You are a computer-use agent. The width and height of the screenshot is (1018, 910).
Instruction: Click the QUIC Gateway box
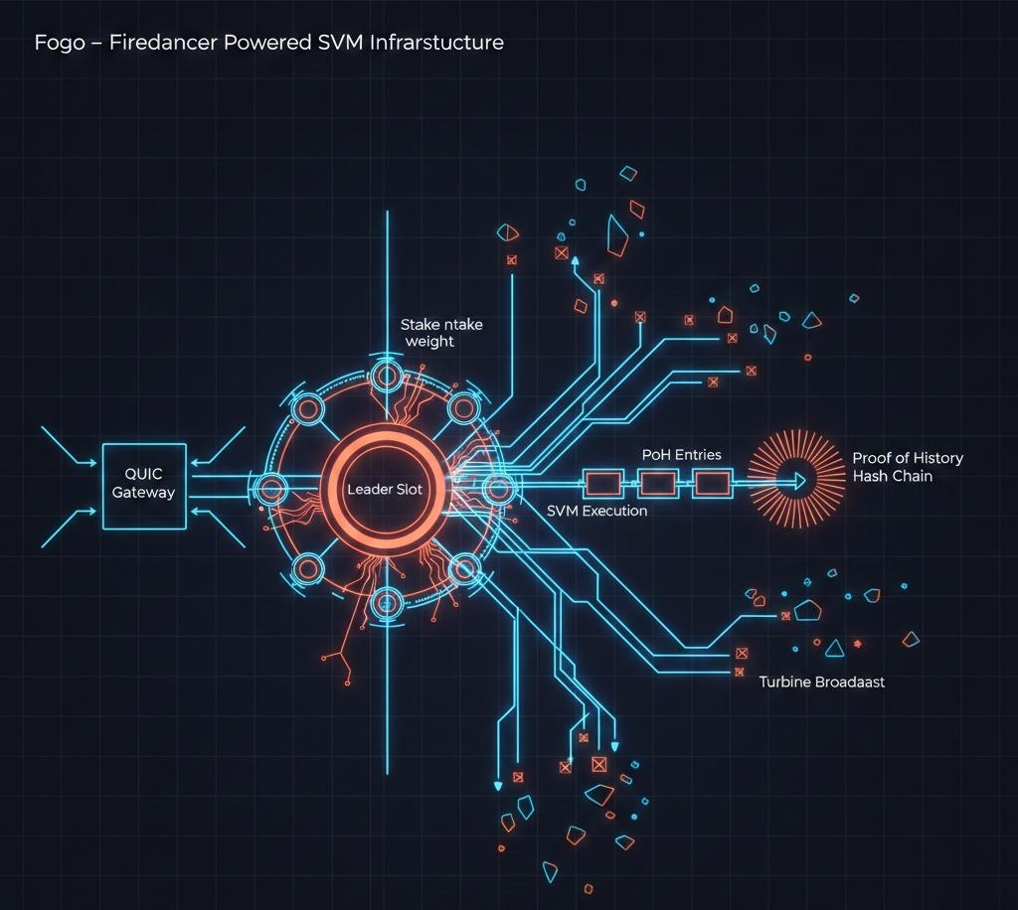point(144,486)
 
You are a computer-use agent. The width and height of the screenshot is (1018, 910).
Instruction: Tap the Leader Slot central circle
point(385,489)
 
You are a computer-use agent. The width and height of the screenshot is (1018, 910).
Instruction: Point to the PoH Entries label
point(681,455)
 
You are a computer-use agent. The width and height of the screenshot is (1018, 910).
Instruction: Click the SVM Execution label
point(596,511)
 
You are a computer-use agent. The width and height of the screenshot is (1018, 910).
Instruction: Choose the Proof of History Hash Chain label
point(907,467)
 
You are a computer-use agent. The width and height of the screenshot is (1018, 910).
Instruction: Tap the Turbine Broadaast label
point(821,682)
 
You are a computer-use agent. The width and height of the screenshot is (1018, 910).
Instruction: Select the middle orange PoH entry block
point(657,484)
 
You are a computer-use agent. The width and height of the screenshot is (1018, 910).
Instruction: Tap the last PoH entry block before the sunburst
point(711,484)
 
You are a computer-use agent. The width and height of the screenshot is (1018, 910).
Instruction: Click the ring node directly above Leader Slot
point(386,376)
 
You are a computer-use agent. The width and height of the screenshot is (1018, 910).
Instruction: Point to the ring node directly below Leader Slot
point(386,601)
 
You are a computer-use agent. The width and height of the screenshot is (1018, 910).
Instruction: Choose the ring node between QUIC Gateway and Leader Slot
point(271,488)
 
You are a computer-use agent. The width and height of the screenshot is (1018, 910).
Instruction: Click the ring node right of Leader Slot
point(498,487)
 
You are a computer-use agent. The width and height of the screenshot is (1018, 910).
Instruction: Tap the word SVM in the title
point(320,43)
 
